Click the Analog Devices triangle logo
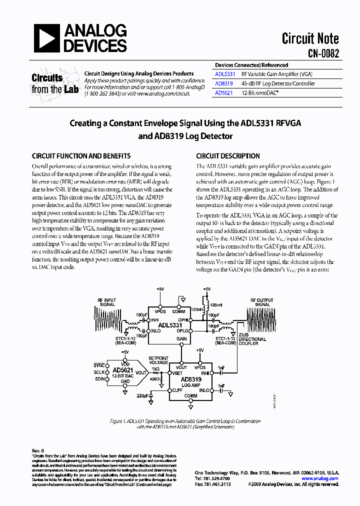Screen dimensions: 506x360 (x=45, y=38)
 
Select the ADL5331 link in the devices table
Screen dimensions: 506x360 (x=224, y=74)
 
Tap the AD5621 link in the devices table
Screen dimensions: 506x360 (x=223, y=93)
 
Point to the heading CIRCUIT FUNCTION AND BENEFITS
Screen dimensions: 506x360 (x=81, y=156)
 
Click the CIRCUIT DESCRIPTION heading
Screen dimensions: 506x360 (x=227, y=156)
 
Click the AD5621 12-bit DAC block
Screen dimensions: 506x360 (x=123, y=372)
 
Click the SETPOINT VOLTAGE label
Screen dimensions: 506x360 (x=159, y=360)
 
